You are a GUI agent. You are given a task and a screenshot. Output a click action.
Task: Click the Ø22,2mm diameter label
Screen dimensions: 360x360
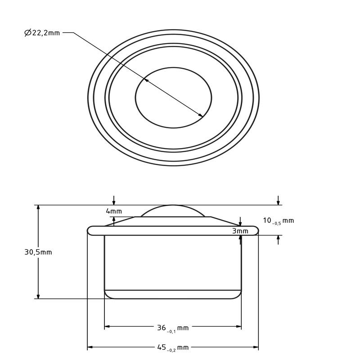42,33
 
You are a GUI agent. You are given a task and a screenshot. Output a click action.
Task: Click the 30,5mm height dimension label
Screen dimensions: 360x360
38,252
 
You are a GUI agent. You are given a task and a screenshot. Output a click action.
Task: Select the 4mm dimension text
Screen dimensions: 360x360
114,211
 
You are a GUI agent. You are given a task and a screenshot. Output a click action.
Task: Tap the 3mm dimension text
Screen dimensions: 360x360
240,231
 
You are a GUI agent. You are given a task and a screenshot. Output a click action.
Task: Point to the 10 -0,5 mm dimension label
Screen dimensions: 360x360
278,220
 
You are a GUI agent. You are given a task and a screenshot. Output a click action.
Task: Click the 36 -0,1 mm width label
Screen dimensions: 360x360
172,328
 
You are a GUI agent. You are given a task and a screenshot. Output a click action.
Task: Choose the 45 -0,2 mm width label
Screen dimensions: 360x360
172,347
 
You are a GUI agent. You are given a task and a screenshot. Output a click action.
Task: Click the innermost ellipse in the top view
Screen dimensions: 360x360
173,98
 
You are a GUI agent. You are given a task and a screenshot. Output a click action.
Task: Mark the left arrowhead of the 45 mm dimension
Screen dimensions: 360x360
90,347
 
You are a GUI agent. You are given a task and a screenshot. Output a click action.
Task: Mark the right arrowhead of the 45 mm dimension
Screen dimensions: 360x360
256,347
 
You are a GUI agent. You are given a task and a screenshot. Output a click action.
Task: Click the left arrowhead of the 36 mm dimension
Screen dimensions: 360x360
107,327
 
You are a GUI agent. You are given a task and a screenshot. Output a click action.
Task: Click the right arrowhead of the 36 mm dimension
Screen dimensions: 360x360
239,327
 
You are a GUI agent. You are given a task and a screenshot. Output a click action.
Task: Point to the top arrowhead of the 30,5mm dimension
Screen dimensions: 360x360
38,207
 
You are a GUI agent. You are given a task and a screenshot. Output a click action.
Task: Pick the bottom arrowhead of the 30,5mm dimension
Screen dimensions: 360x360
38,296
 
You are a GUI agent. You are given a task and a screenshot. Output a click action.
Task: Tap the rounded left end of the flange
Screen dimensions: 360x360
90,230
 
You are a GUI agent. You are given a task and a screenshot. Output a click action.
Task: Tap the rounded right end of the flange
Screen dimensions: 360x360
256,230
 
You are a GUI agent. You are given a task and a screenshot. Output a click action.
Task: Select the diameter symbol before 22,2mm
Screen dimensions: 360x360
27,33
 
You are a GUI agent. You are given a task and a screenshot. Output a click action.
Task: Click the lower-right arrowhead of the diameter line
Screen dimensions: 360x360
201,115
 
